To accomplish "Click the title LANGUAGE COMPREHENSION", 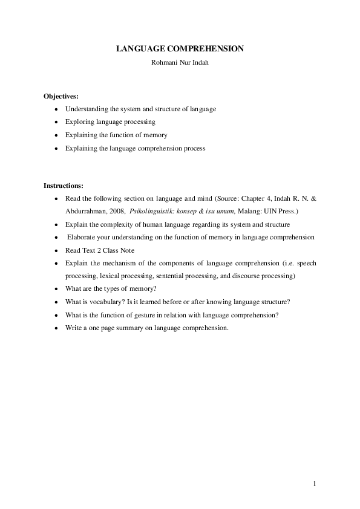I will (x=180, y=48).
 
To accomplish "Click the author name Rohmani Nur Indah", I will (x=180, y=62).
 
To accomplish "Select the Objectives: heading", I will (x=61, y=96).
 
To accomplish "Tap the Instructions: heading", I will (x=64, y=185).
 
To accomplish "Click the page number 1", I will (x=315, y=484).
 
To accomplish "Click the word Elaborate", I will (x=81, y=238).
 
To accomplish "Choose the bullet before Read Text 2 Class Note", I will (x=56, y=250).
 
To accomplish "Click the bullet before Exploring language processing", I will (x=56, y=122).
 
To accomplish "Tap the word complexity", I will (x=113, y=224).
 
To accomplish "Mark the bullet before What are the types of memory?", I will (x=56, y=289).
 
